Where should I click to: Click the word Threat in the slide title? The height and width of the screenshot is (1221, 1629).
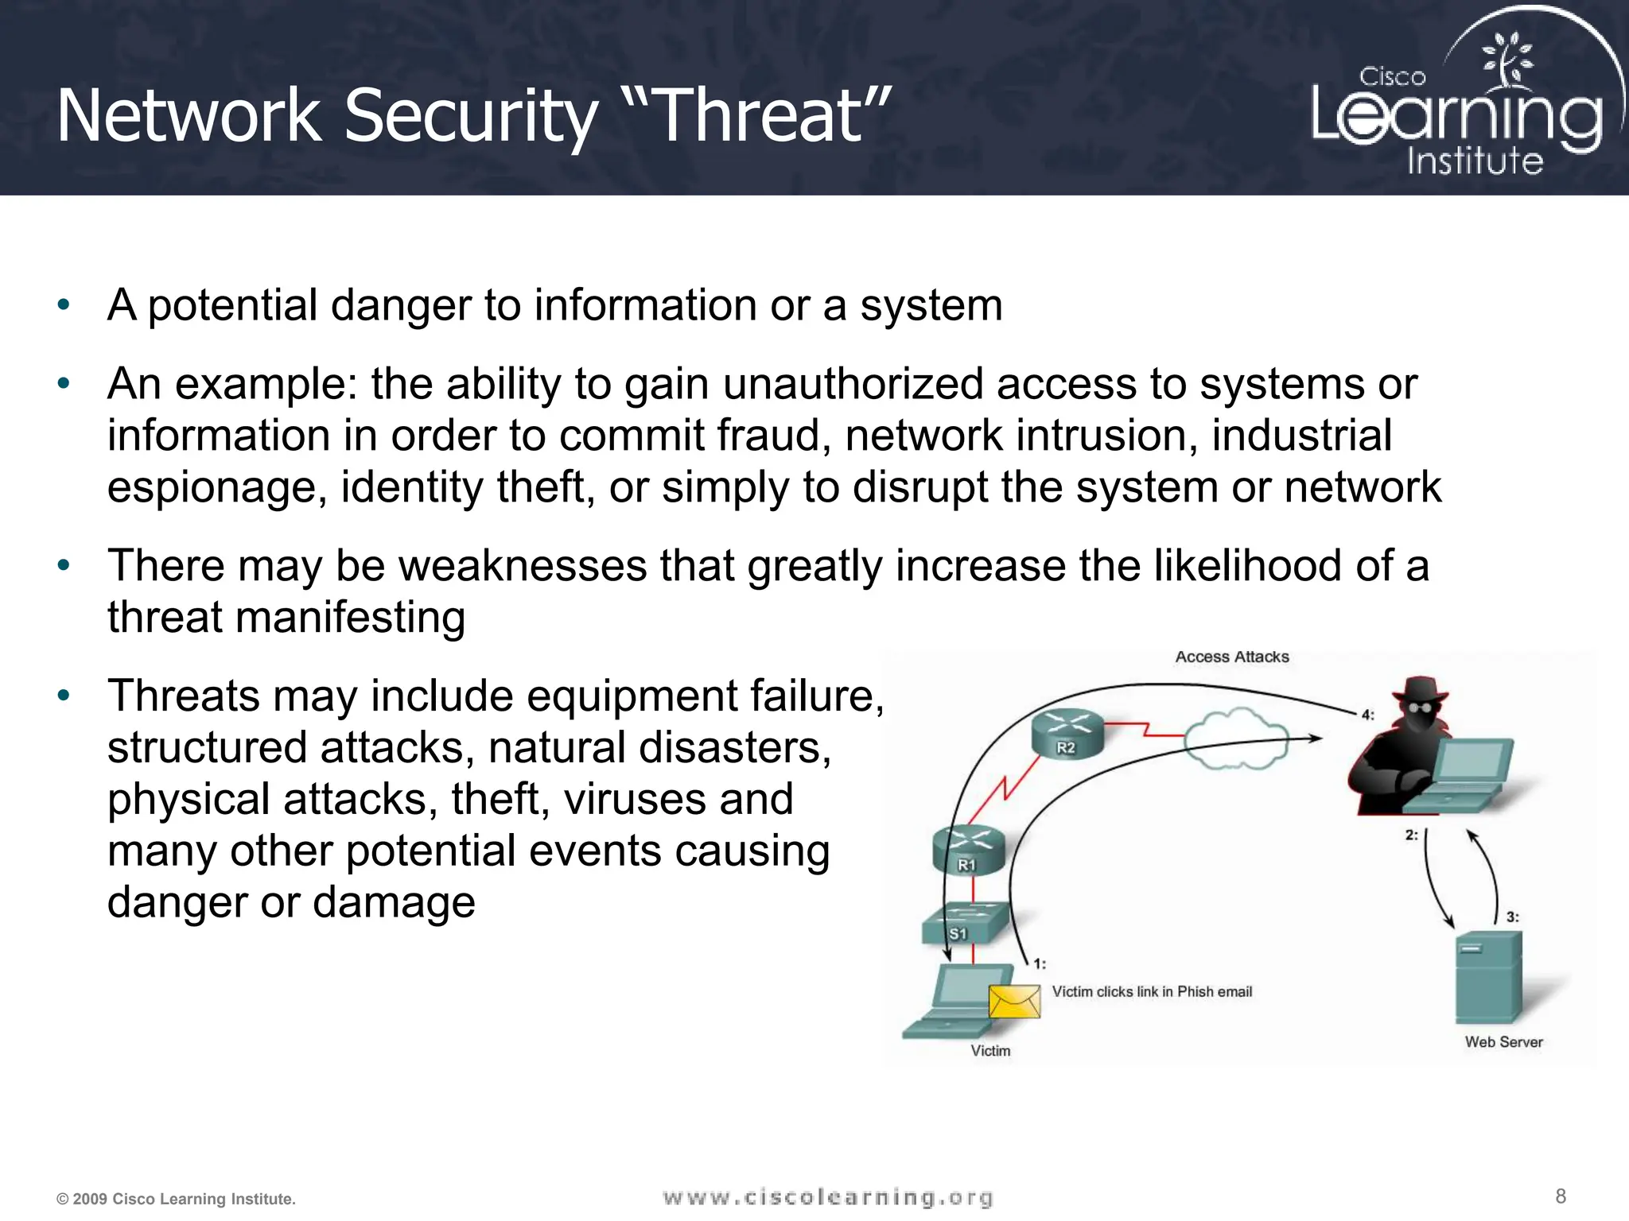760,116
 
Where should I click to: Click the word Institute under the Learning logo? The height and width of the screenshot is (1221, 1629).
1475,161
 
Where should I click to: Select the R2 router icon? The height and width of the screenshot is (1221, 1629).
1067,733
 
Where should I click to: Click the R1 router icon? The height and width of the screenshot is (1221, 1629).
968,850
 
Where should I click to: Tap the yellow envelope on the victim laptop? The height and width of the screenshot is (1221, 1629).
1014,1001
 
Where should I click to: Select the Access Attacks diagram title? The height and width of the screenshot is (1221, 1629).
1231,657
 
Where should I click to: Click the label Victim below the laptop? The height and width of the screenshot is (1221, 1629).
990,1051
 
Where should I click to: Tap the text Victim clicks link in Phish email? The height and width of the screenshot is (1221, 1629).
1151,991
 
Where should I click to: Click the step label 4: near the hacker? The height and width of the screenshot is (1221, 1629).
1367,714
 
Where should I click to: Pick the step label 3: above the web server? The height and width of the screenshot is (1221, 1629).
1512,917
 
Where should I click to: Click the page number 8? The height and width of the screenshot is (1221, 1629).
1560,1196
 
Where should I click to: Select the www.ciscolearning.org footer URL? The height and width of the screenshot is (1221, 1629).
827,1197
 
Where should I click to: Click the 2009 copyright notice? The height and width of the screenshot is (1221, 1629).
176,1199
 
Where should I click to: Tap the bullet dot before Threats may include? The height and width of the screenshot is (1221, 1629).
64,696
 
